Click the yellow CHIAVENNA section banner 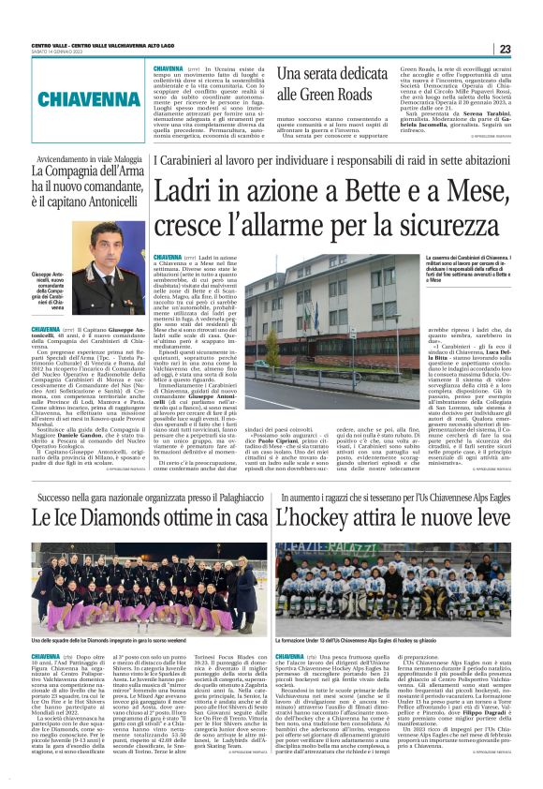coord(81,99)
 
